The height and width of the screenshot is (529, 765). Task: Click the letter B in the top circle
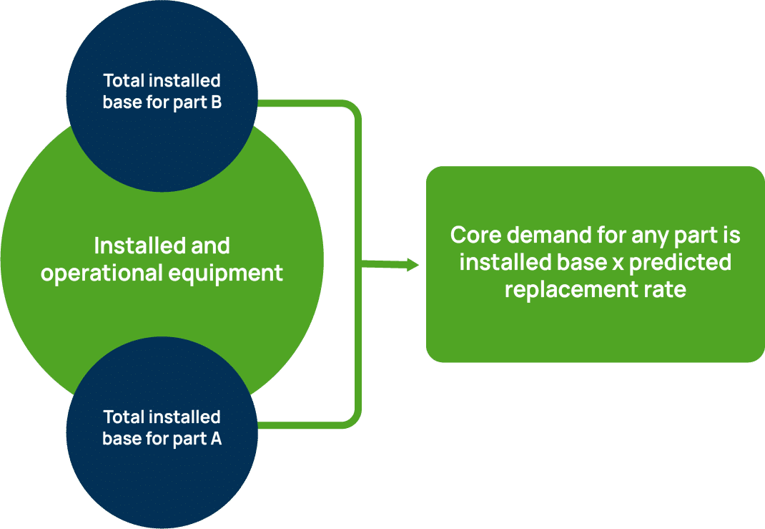216,102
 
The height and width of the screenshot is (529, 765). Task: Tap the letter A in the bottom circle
216,438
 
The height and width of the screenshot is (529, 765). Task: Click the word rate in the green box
662,290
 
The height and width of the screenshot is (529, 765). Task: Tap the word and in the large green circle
210,246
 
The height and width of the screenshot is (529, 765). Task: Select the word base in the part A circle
121,438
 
